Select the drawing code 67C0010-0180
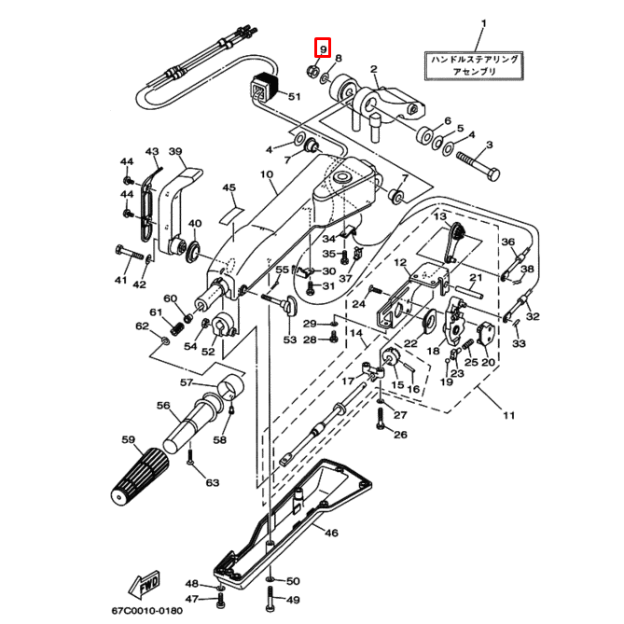(x=149, y=611)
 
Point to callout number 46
(x=330, y=533)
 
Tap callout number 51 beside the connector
(x=295, y=97)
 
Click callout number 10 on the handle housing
(x=266, y=174)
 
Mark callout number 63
(x=213, y=482)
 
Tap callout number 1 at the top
(x=483, y=22)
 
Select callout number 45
(x=228, y=188)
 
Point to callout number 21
(x=475, y=278)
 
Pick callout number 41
(x=120, y=280)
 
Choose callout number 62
(x=142, y=326)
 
